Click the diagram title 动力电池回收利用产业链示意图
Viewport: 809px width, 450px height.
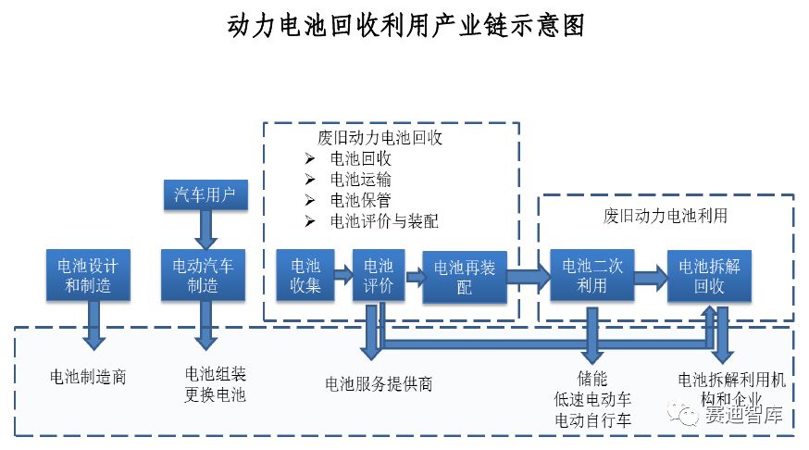[405, 26]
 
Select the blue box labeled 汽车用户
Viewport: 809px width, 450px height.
[205, 194]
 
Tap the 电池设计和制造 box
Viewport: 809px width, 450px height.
[87, 275]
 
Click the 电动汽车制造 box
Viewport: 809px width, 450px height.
[204, 275]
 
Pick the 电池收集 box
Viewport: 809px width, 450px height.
[305, 275]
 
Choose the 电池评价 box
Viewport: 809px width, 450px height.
[380, 275]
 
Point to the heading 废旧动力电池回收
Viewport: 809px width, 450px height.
[380, 138]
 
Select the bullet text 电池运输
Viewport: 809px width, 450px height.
[360, 179]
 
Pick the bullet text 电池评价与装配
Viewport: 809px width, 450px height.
[384, 221]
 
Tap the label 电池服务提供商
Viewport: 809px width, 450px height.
[379, 383]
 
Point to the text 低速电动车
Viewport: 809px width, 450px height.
[591, 399]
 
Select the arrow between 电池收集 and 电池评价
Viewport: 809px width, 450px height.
[342, 274]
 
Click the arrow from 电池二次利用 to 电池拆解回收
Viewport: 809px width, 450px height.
[652, 275]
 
